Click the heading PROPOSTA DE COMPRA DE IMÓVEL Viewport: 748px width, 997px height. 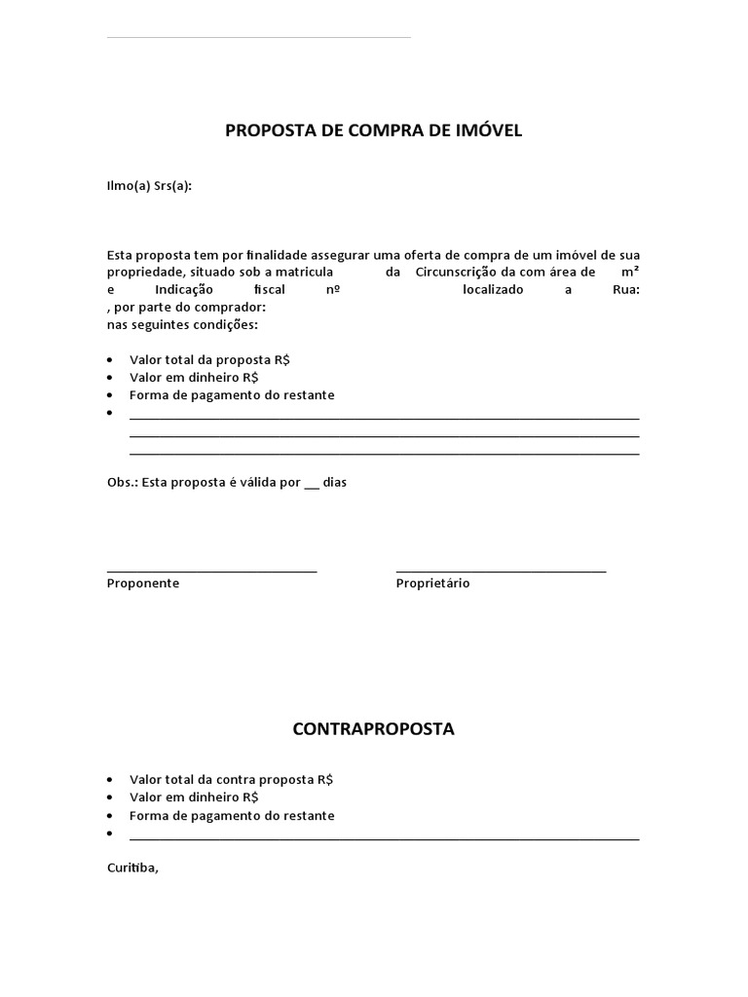374,130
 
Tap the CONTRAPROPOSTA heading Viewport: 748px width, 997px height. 374,729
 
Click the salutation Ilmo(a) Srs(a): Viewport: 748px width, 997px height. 149,186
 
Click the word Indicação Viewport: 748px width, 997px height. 184,290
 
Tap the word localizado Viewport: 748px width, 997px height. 493,290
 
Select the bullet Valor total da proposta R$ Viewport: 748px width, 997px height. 209,359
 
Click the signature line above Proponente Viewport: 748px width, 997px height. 211,571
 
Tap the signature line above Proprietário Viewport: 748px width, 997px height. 501,571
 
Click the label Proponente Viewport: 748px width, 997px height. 142,583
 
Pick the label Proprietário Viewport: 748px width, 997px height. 432,583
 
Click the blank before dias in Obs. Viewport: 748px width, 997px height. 312,484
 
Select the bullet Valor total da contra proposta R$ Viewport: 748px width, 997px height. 231,780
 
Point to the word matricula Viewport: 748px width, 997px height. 304,272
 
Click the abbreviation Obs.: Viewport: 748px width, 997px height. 122,482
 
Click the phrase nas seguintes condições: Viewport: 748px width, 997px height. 182,324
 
